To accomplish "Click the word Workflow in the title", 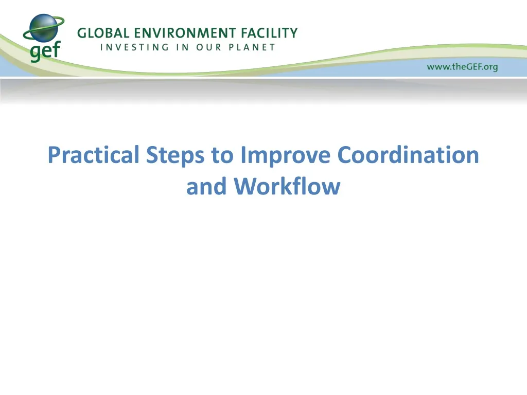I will [287, 186].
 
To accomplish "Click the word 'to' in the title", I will [222, 155].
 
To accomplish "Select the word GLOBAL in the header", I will [102, 33].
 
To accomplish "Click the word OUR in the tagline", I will [209, 47].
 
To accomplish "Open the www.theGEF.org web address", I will [462, 67].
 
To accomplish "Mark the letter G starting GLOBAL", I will [82, 33].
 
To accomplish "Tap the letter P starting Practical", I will [53, 155].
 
